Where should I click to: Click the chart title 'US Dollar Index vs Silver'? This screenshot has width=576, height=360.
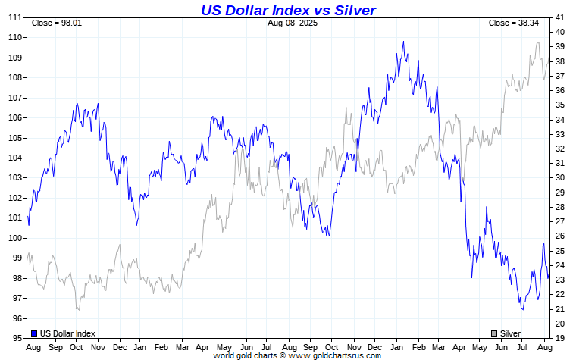(288, 10)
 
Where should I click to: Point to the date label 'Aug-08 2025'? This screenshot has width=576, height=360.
(293, 23)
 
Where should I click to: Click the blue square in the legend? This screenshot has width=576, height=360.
(34, 333)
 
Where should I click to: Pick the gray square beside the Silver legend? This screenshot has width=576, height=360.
(494, 333)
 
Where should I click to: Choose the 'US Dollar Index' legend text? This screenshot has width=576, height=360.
(68, 333)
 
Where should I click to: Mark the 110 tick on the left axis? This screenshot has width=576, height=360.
(15, 37)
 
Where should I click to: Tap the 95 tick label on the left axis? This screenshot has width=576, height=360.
(17, 338)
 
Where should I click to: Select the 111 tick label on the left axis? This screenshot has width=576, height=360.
(15, 17)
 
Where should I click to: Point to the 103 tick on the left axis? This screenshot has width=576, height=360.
(15, 177)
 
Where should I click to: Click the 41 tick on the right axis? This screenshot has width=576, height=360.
(559, 17)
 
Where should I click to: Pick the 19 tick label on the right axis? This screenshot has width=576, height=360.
(559, 338)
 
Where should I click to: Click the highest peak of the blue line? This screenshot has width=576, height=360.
(403, 42)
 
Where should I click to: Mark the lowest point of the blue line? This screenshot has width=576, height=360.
(522, 309)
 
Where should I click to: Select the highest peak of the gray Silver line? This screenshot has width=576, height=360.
(537, 43)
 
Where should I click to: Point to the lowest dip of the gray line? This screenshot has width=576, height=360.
(77, 309)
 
